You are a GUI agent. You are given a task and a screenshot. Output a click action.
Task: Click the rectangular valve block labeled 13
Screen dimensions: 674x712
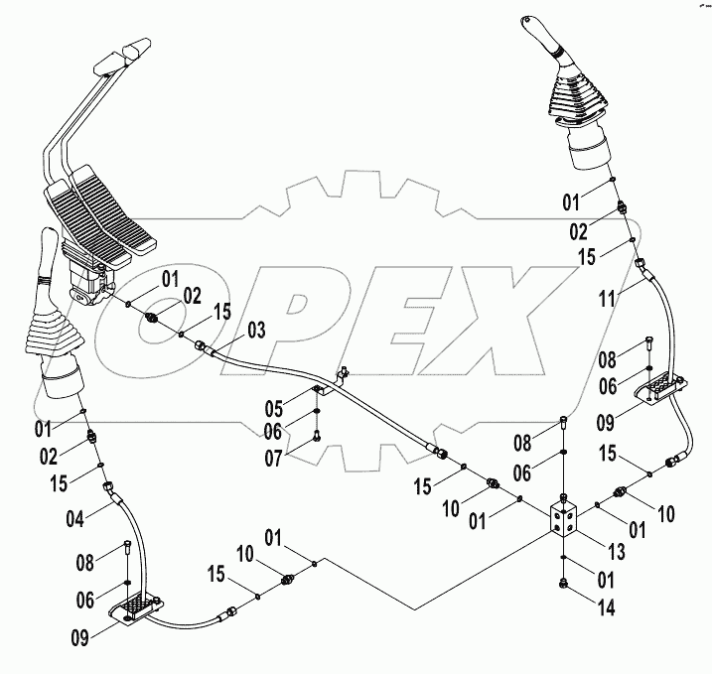565,521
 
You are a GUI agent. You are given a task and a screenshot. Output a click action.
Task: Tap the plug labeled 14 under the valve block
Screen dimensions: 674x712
565,585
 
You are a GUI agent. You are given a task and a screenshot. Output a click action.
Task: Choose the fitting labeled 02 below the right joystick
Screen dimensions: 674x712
621,208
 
